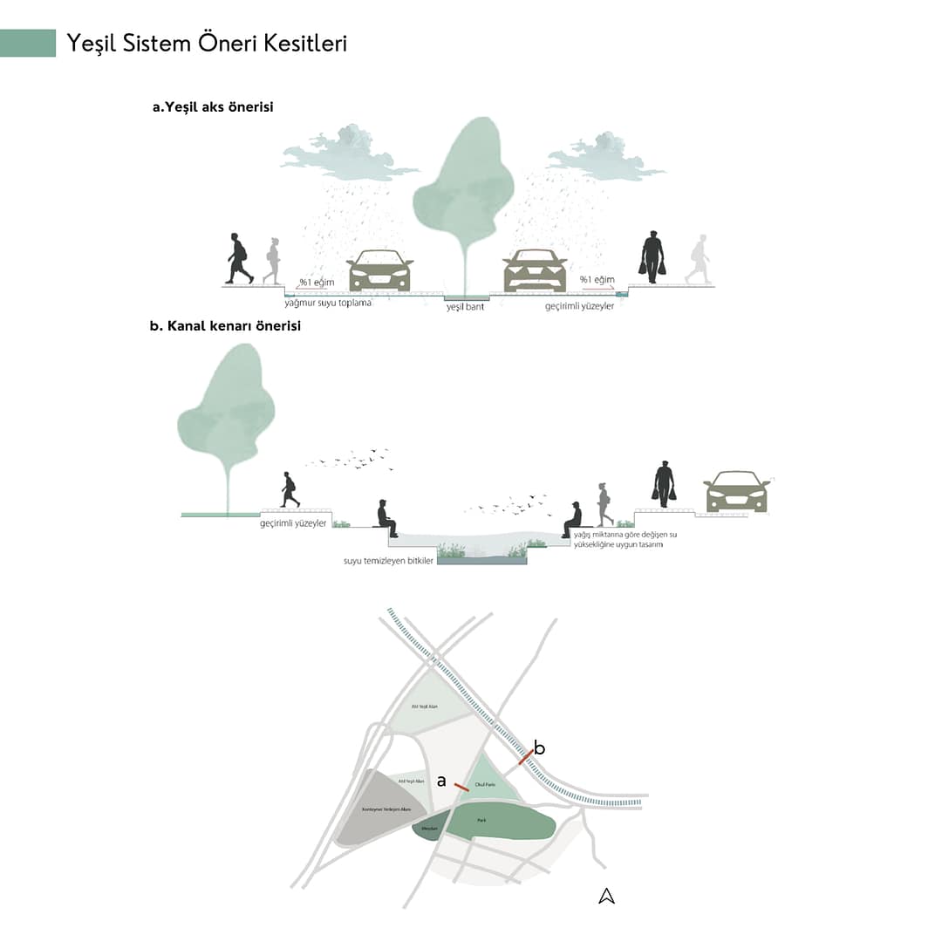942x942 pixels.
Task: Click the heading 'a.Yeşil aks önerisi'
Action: coord(213,107)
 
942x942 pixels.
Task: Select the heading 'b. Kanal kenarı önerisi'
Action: coord(225,327)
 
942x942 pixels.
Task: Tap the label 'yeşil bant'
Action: coord(465,306)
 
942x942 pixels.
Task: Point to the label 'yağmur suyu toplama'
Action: coord(327,303)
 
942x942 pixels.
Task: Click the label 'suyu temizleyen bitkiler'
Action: coord(388,560)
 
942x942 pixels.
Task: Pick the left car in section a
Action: coord(380,270)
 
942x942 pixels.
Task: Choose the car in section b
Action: coord(735,492)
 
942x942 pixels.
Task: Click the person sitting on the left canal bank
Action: coord(385,518)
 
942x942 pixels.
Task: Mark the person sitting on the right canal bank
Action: coord(573,520)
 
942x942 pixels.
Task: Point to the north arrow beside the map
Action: coord(607,896)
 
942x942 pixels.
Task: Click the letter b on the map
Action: coord(539,747)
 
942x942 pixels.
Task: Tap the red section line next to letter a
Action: coord(461,788)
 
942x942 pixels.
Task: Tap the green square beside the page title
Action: coord(28,43)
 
